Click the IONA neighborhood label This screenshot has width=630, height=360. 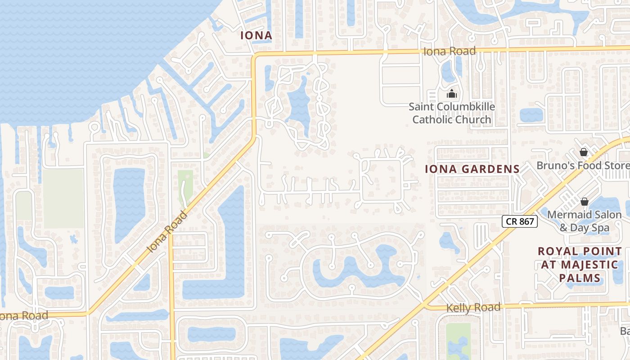point(256,35)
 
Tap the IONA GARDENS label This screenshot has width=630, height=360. point(472,169)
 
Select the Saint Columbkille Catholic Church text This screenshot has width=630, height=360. point(452,113)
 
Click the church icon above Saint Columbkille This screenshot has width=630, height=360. point(451,94)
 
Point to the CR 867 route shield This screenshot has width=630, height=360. point(520,221)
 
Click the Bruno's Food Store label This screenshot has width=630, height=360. point(583,166)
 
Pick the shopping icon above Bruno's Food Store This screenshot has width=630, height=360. point(584,152)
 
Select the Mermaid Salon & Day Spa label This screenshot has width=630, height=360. point(584,221)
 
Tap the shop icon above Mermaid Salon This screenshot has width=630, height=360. point(584,202)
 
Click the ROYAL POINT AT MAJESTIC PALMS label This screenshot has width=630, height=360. point(580,264)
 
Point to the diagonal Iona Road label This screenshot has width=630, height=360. point(166,232)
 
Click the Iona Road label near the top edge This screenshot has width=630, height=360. point(449,51)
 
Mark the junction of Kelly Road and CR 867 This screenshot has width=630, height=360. point(424,305)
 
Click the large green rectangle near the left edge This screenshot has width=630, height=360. point(63,198)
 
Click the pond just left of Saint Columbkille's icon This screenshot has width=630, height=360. point(448,72)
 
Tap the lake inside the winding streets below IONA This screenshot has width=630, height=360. point(298,106)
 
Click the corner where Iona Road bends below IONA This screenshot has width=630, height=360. point(255,56)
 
